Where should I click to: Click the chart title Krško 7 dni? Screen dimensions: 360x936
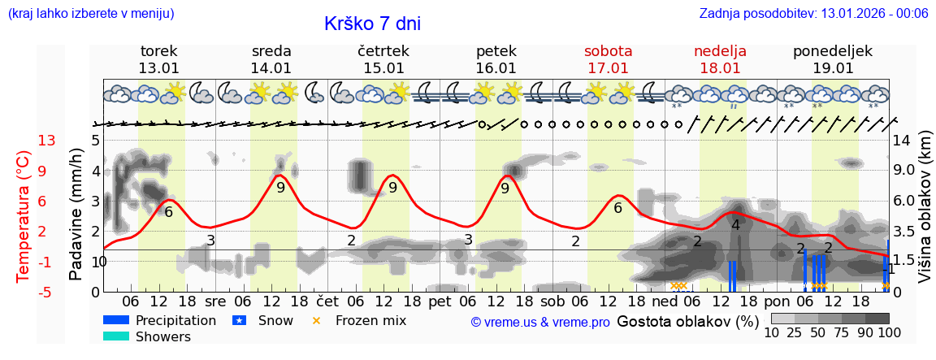(372, 24)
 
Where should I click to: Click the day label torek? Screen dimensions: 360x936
(158, 51)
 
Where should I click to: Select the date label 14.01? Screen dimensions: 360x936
(271, 68)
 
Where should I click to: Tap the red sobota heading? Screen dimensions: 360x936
(608, 51)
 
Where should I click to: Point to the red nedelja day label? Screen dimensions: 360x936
(720, 51)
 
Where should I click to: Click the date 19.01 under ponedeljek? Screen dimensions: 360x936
(833, 68)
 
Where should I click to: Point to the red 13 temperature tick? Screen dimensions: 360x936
(47, 141)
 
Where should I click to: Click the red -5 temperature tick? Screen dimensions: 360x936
(47, 292)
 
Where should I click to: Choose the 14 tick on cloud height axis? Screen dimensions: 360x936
(902, 141)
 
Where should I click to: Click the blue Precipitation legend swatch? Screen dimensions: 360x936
(115, 320)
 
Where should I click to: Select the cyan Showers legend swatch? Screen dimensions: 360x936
(115, 336)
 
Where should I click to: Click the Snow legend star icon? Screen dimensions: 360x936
(240, 320)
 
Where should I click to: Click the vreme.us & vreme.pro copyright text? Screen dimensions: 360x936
(540, 322)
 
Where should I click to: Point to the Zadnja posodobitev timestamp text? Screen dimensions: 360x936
(813, 13)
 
